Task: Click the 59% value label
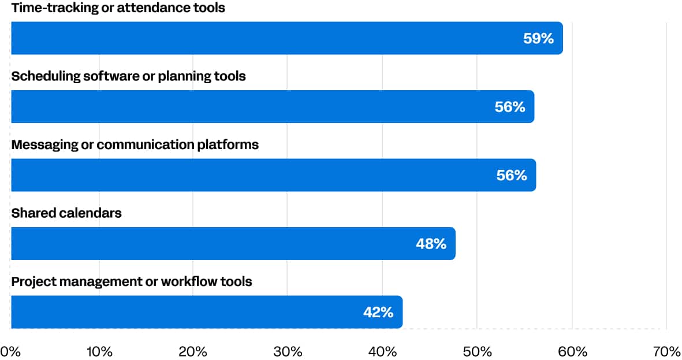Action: [x=538, y=39]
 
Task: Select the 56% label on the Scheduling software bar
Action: [x=510, y=107]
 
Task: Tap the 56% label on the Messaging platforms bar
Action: [x=512, y=176]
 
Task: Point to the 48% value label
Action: [x=431, y=244]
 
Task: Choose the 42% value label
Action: [x=378, y=313]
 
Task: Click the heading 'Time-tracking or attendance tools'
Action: [x=118, y=8]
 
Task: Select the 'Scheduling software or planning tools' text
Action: [x=129, y=76]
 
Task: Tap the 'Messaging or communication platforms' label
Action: [x=135, y=144]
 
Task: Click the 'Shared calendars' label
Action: [x=66, y=213]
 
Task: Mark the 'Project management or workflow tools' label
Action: [x=132, y=281]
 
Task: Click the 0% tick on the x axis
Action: [x=10, y=351]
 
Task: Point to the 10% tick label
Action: [x=99, y=351]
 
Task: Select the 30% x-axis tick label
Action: [x=288, y=351]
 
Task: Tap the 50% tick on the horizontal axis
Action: [x=477, y=351]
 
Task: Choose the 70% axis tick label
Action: [x=666, y=351]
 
